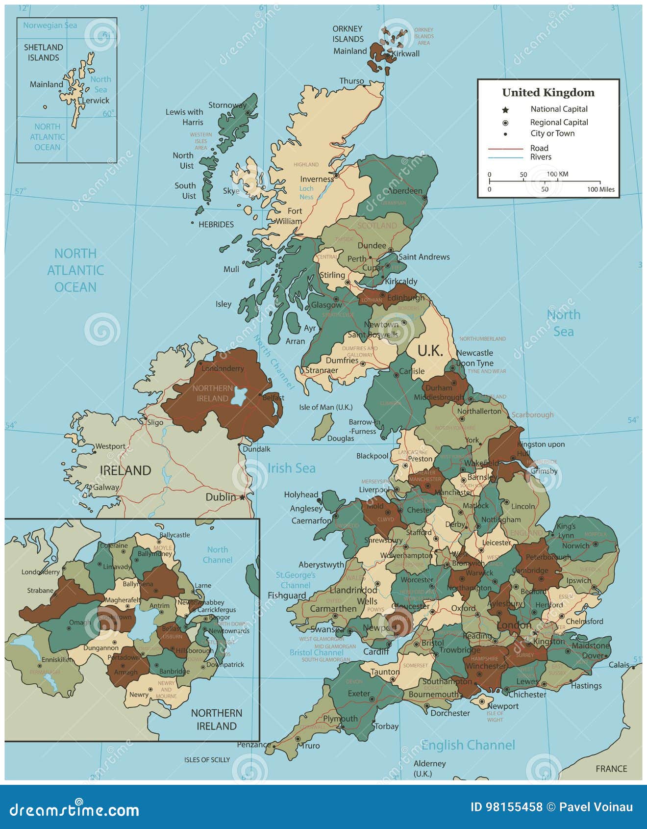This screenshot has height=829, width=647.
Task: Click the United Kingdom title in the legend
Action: pos(548,93)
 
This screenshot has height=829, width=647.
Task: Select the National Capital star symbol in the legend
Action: pos(505,110)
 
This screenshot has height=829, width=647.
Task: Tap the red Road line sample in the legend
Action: pos(505,148)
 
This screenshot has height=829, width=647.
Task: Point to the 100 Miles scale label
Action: pos(600,189)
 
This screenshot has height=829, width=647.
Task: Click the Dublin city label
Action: pos(221,497)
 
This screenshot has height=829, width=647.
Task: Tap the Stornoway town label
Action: pos(227,105)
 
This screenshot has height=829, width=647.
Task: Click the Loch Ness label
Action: pos(306,193)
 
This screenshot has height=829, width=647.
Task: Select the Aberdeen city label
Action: pos(405,191)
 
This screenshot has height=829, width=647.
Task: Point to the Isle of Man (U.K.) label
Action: pos(326,407)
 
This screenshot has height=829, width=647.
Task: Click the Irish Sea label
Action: pos(291,468)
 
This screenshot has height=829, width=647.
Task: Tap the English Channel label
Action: pos(468,745)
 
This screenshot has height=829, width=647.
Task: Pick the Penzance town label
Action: pos(254,745)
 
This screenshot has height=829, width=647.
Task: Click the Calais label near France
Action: pos(619,665)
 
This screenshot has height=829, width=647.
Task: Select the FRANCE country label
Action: pos(611,769)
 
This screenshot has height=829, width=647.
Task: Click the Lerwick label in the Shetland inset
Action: pos(96,101)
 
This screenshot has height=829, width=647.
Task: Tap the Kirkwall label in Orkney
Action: pos(406,54)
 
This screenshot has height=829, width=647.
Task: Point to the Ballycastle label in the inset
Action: pos(174,535)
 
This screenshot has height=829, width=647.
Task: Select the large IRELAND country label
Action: pos(125,470)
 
